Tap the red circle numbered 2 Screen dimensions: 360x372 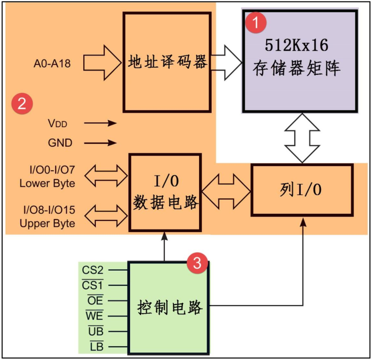click(x=22, y=104)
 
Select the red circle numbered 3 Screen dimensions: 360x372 click(x=197, y=263)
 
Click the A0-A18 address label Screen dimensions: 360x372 click(x=52, y=62)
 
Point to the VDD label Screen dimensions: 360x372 click(x=58, y=123)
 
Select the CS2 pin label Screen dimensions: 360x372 click(x=93, y=270)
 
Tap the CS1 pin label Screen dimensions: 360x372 click(x=93, y=285)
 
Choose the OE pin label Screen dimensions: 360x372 click(x=95, y=300)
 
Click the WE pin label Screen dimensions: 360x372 click(x=94, y=316)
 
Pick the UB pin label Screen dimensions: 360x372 click(x=95, y=331)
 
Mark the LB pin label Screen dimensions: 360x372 click(x=96, y=347)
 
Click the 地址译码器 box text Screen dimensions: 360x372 click(x=167, y=62)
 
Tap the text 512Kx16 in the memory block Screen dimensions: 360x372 click(x=297, y=45)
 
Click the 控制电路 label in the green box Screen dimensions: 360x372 click(x=170, y=307)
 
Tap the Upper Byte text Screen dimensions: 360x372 click(x=47, y=223)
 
